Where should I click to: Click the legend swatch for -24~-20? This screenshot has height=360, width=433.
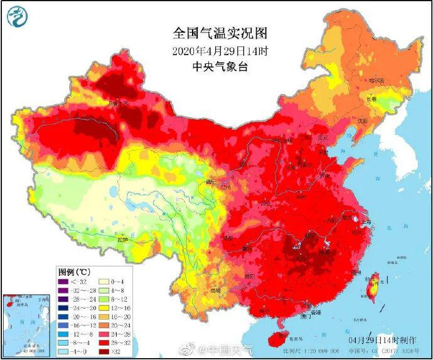click(x=62, y=309)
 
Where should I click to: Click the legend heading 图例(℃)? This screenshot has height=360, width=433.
click(x=75, y=272)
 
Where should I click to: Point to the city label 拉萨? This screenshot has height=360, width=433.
click(x=124, y=240)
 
